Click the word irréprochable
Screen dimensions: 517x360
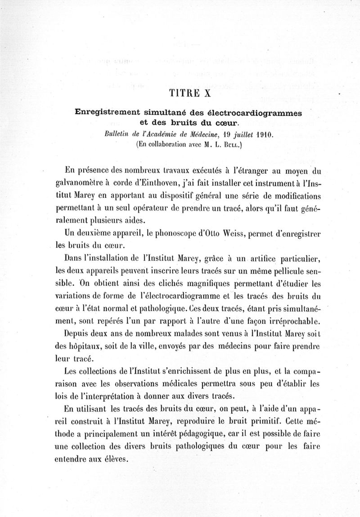[x=287, y=321]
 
